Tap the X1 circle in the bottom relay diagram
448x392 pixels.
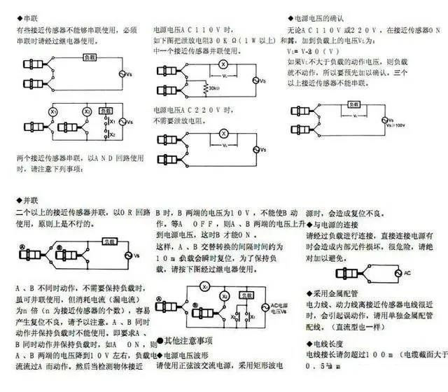pyautogui.click(x=204, y=287)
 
